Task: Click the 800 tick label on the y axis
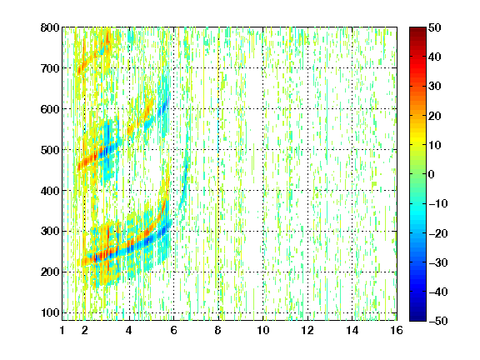click(x=50, y=27)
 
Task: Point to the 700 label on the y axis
click(x=50, y=68)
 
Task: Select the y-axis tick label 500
click(x=50, y=150)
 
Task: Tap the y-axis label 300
click(x=50, y=231)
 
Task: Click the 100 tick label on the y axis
click(x=50, y=312)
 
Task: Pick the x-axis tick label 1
click(x=62, y=330)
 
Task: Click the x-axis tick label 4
click(x=129, y=330)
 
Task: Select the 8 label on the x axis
click(x=218, y=330)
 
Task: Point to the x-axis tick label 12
click(x=307, y=330)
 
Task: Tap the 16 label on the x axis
click(x=397, y=330)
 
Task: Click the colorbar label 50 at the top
click(x=434, y=27)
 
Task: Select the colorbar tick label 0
click(x=432, y=174)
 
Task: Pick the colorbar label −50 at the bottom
click(x=438, y=321)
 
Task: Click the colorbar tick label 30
click(x=434, y=86)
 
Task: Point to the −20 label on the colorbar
click(x=438, y=233)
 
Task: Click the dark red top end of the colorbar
click(x=417, y=29)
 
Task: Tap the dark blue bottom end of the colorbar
click(x=417, y=318)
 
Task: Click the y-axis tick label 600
click(x=50, y=109)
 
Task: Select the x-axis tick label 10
click(x=262, y=330)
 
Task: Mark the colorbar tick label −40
click(x=438, y=292)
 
